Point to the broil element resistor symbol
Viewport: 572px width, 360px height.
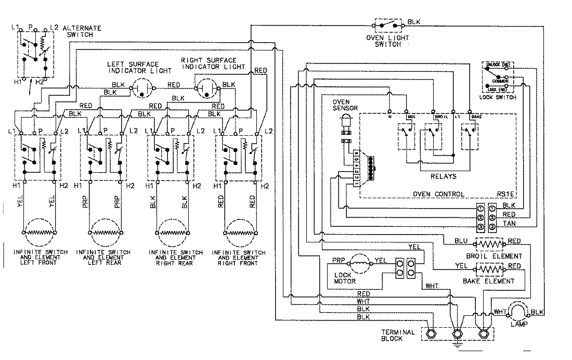tap(489, 244)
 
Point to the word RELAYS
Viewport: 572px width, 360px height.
tap(443, 176)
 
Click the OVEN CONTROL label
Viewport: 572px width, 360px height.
tap(438, 194)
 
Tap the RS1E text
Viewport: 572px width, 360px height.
tap(505, 194)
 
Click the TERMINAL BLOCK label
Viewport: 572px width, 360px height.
tap(398, 336)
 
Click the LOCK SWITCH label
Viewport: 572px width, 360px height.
tap(499, 98)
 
